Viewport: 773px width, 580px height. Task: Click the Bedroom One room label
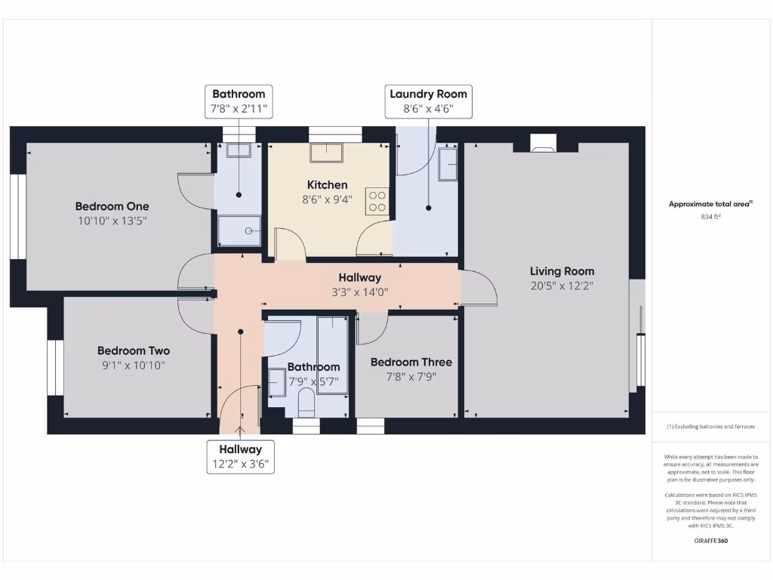[x=112, y=206]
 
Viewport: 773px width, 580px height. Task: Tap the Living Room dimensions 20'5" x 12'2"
[x=562, y=285]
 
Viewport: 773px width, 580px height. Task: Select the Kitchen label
[x=327, y=185]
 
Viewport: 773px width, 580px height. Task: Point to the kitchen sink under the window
[x=327, y=153]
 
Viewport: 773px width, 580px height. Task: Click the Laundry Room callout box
[x=428, y=101]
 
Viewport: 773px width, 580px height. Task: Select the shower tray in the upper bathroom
[x=239, y=230]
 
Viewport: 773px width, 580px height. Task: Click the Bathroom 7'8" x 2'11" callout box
[x=239, y=101]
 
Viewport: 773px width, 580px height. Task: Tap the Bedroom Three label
[x=411, y=362]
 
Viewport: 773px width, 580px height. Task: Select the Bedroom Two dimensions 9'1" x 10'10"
[x=133, y=366]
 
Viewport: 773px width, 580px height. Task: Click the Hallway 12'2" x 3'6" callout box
[x=241, y=456]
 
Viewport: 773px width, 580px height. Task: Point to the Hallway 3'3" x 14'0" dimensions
[x=359, y=292]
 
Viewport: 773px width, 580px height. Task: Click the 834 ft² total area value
[x=710, y=217]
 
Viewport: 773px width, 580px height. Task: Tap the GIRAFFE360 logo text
[x=710, y=541]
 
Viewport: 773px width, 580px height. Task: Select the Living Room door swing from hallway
[x=479, y=288]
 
